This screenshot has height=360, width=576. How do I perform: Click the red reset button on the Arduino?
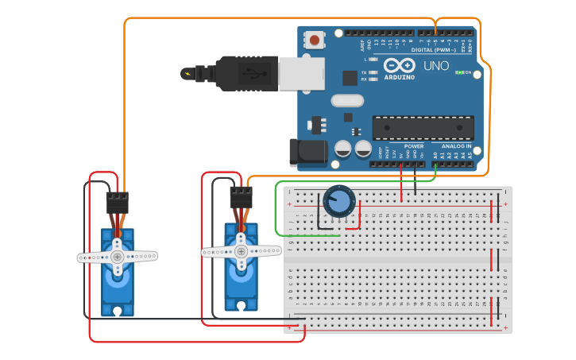(315, 40)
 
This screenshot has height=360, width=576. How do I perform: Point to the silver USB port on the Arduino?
(301, 73)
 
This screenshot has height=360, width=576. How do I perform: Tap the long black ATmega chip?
(423, 127)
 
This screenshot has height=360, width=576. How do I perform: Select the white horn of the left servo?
(118, 257)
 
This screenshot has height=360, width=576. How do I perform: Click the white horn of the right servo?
(242, 250)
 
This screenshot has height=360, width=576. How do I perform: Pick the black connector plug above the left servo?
(117, 202)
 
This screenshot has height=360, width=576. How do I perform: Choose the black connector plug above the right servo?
(241, 197)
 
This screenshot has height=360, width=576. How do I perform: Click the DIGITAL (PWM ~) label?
(433, 50)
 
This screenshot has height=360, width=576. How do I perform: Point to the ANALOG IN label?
(457, 146)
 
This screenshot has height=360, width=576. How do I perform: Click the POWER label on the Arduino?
(414, 146)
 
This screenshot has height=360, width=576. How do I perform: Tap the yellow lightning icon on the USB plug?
(187, 74)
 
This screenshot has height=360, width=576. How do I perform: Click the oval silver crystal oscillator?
(346, 101)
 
